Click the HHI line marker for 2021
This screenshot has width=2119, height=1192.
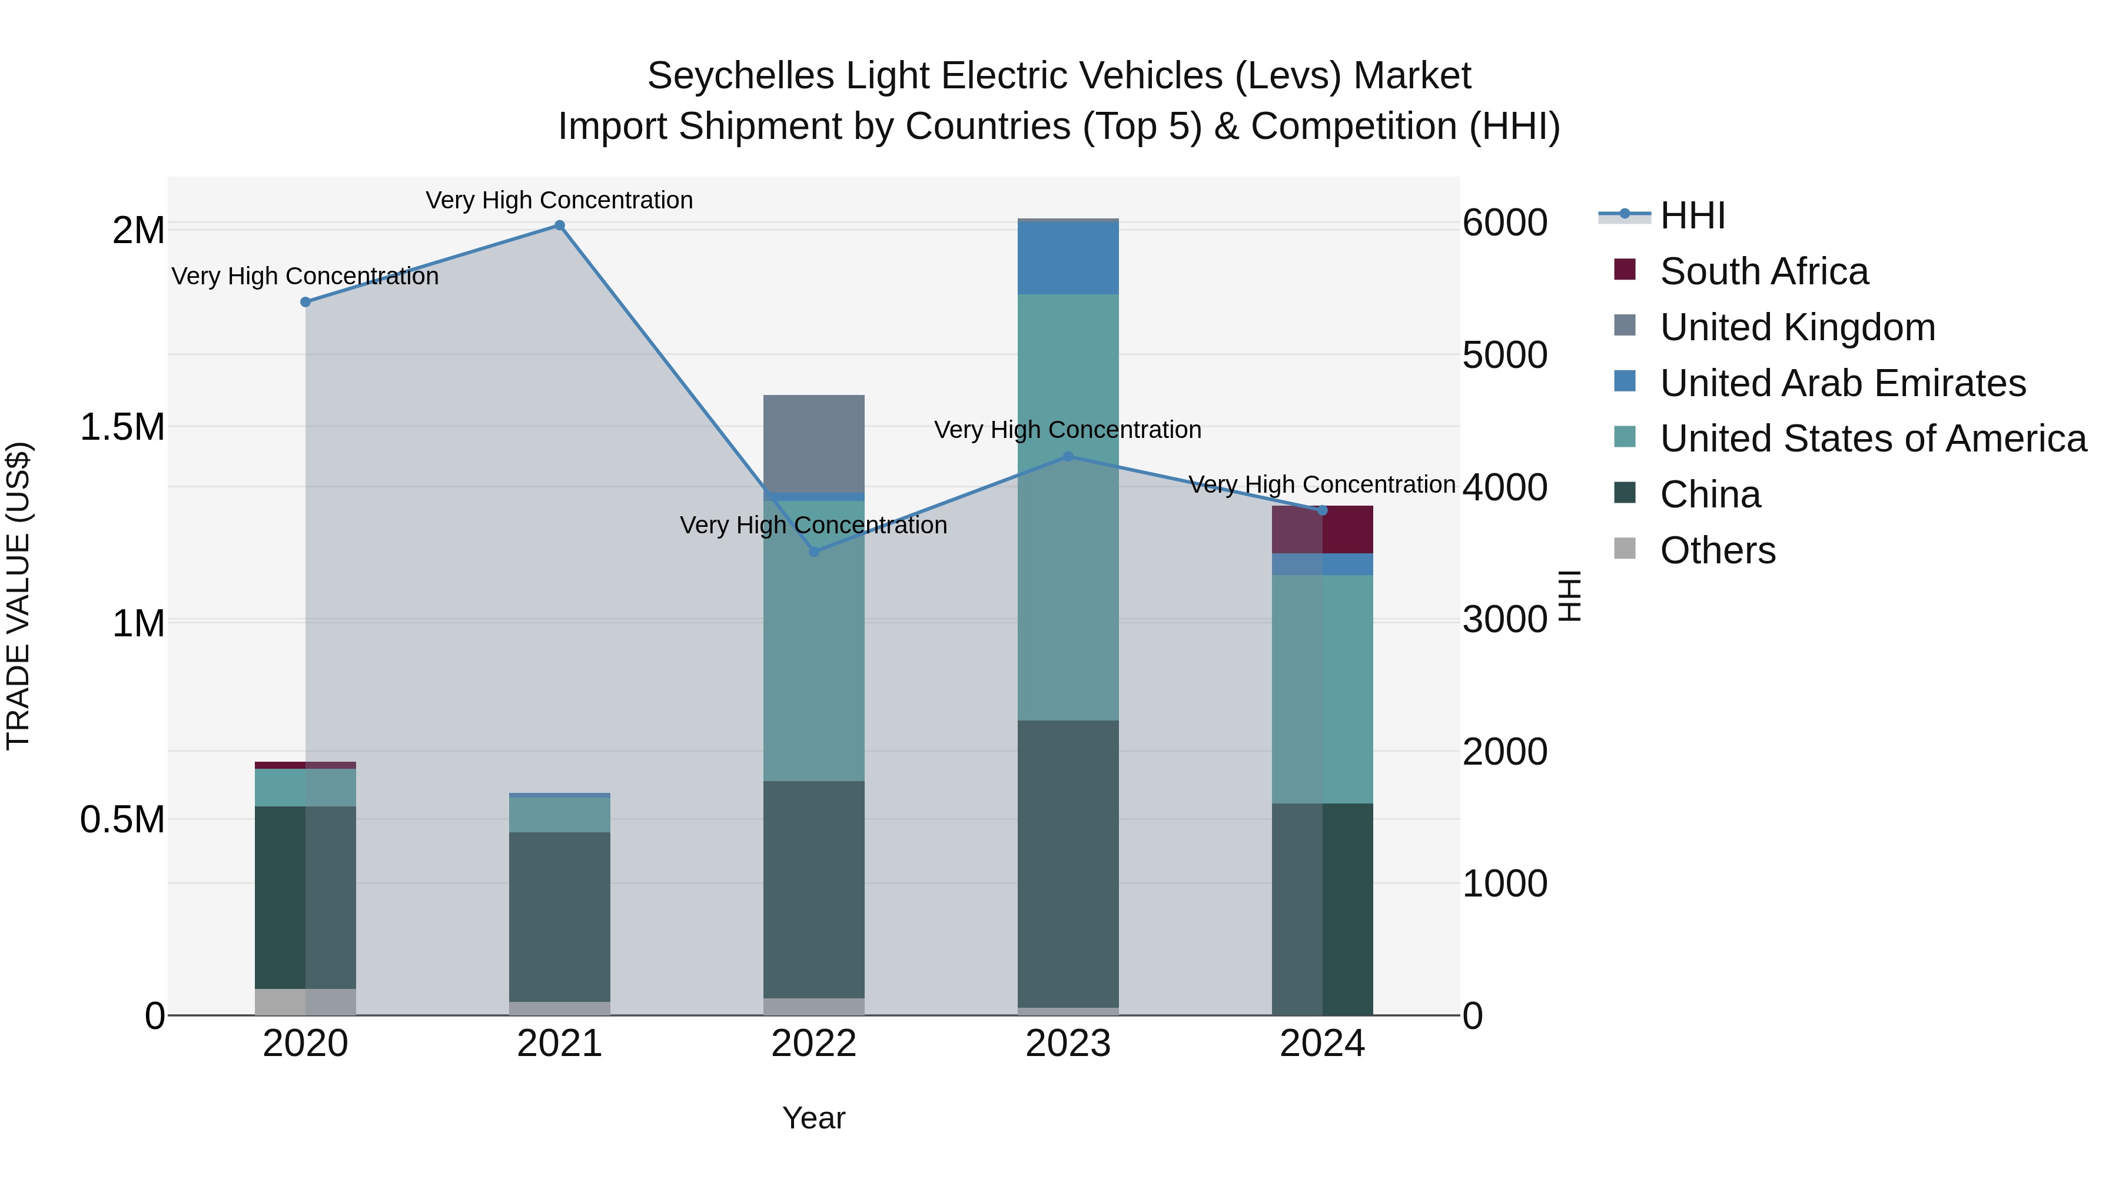pos(559,225)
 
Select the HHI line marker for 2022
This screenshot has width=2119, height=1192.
pos(813,552)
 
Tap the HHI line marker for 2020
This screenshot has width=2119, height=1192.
pos(305,302)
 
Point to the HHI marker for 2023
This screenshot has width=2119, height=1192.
pos(1068,457)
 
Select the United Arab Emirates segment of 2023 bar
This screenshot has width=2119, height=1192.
pos(1068,257)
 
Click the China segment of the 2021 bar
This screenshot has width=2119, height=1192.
pos(559,917)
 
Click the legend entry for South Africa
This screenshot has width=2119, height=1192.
pos(1763,271)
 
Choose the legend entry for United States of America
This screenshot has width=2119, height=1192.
pos(1872,439)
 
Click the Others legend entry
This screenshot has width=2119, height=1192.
pos(1717,550)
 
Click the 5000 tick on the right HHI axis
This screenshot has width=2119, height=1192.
pos(1504,356)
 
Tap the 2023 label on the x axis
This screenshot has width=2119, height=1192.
pos(1068,1044)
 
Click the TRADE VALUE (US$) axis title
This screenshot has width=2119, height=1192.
pos(18,596)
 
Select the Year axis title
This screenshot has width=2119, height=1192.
pos(813,1118)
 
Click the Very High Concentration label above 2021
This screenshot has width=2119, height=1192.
pos(559,200)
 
